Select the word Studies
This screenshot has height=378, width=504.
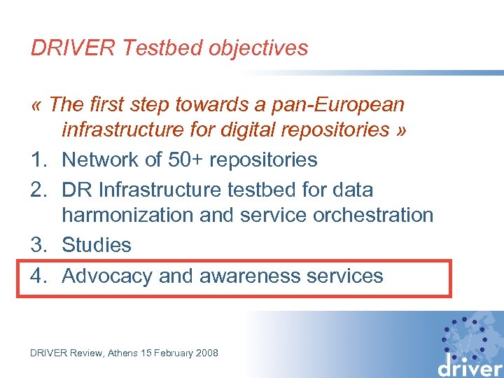[x=97, y=245]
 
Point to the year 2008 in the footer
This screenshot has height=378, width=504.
[x=205, y=353]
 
